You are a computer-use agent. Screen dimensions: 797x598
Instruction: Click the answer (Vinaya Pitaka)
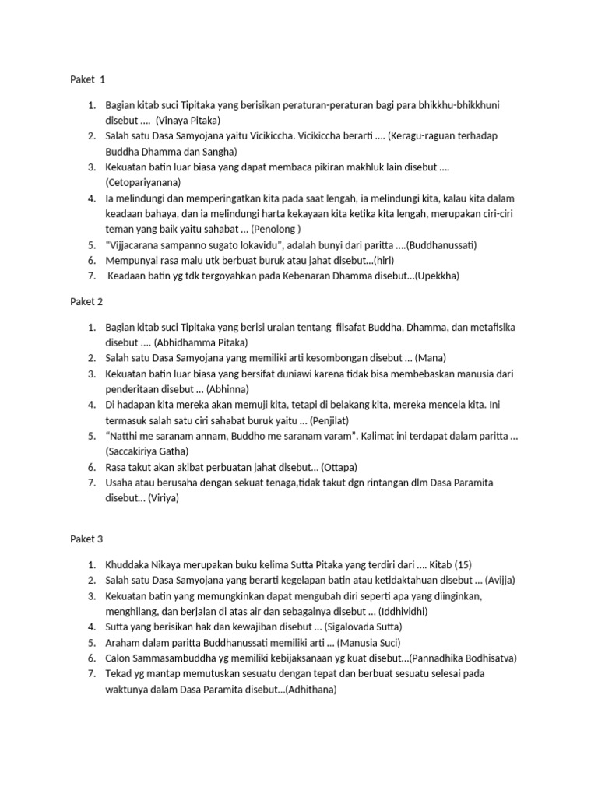188,121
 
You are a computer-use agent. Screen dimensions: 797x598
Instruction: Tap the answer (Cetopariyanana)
143,182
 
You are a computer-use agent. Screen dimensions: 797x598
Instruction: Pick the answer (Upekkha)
443,276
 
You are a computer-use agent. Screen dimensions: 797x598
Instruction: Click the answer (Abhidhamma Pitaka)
201,342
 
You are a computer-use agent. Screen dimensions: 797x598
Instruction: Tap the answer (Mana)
431,358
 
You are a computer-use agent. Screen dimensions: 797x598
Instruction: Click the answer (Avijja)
501,580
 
